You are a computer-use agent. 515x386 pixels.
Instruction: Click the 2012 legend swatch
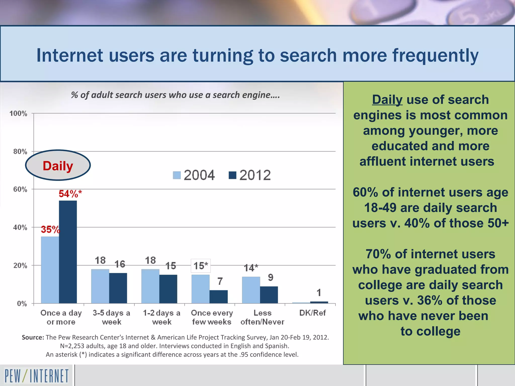232,175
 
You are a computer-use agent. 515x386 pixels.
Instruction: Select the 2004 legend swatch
177,175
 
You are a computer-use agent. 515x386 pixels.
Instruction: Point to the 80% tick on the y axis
20,152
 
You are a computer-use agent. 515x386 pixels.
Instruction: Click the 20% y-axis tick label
20,266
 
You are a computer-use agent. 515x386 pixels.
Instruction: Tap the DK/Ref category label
312,313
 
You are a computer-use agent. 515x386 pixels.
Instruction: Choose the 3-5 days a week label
111,317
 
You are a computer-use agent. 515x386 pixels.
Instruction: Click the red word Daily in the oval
58,166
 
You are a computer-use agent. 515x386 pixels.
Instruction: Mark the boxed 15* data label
201,266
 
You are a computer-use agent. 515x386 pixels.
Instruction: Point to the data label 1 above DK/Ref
319,293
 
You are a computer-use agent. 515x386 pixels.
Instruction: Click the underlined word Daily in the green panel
387,100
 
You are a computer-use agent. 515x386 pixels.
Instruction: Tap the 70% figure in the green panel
378,254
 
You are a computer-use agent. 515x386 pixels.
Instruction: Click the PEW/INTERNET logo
36,376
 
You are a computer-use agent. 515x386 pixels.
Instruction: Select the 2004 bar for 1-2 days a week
150,286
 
